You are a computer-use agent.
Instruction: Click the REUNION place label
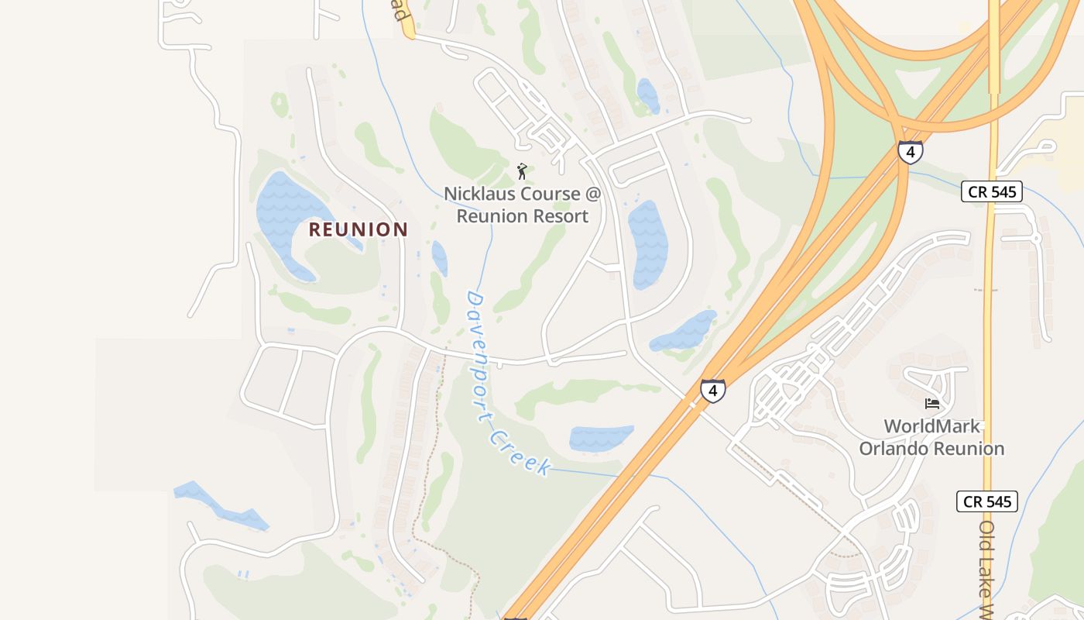pyautogui.click(x=358, y=229)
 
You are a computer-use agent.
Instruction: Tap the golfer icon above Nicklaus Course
pyautogui.click(x=522, y=170)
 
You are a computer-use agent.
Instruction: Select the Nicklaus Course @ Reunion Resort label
pyautogui.click(x=522, y=205)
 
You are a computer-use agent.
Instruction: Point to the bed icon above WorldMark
pyautogui.click(x=932, y=404)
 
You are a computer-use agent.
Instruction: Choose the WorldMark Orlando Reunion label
pyautogui.click(x=931, y=438)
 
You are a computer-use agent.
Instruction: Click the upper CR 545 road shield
pyautogui.click(x=992, y=191)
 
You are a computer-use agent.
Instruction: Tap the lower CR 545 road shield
pyautogui.click(x=986, y=501)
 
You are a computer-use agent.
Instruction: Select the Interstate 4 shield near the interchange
pyautogui.click(x=910, y=152)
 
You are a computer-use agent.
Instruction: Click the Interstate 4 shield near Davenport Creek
pyautogui.click(x=713, y=391)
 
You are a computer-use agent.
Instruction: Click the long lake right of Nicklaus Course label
pyautogui.click(x=647, y=244)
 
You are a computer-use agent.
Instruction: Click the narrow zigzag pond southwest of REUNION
pyautogui.click(x=221, y=507)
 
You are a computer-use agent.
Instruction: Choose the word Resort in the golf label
pyautogui.click(x=558, y=216)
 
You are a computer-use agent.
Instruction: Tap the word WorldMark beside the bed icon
pyautogui.click(x=931, y=426)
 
